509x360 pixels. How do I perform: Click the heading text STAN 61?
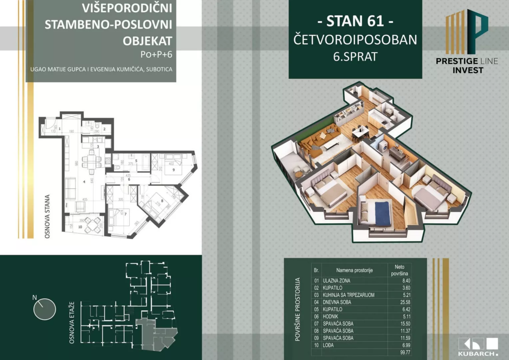pos(355,21)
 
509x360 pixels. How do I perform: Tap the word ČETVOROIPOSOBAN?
pos(355,40)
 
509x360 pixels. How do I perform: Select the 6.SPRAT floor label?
pos(355,57)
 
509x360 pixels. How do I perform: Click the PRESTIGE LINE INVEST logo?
pos(467,42)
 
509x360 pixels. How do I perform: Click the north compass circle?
pos(44,309)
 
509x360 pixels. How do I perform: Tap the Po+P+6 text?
pos(156,54)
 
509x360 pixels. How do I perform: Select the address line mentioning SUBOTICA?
pos(101,69)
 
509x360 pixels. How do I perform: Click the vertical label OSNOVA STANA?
pos(47,216)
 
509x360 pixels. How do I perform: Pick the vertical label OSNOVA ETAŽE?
pos(72,323)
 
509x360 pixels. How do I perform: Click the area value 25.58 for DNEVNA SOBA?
pos(405,302)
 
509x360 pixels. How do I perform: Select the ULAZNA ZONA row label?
pos(336,281)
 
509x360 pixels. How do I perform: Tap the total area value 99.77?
pos(405,352)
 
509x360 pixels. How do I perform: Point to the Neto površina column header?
pos(399,270)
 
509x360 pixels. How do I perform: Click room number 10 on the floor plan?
pos(80,227)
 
